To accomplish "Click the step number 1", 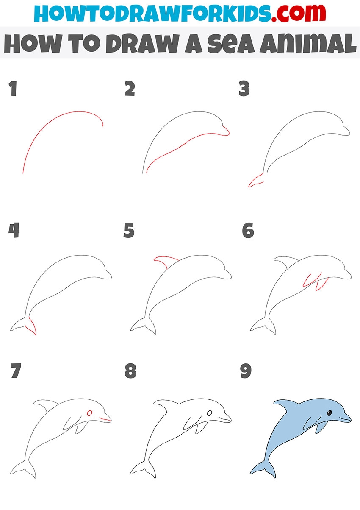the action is point(13,88).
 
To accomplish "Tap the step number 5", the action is point(129,230).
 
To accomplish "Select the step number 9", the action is point(246,371).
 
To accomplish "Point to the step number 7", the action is point(16,371).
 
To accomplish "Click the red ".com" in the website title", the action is point(299,13).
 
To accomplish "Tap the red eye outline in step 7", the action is point(90,413).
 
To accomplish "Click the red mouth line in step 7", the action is point(105,419).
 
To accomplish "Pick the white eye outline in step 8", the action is point(210,413).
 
